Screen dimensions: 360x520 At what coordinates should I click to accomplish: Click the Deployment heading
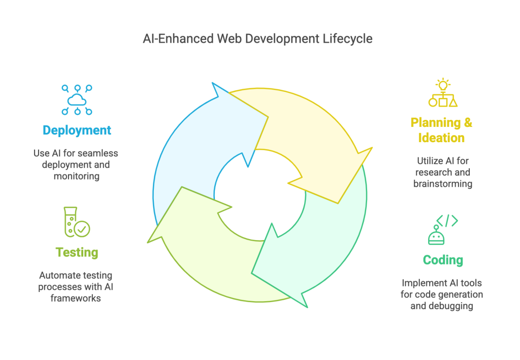[77, 130]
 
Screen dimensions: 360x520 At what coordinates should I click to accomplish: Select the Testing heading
[77, 252]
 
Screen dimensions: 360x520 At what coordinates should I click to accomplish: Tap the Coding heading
[443, 260]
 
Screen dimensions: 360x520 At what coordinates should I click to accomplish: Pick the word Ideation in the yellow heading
[441, 138]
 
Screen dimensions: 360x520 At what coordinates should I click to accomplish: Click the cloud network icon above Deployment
[77, 100]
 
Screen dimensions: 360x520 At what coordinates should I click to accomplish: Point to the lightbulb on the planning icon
[443, 84]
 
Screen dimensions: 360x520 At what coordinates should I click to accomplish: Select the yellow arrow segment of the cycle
[300, 132]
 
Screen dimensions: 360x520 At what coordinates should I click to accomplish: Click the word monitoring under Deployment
[77, 176]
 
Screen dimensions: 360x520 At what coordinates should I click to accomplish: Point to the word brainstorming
[442, 183]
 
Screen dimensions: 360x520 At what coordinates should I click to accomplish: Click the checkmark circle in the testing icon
[82, 229]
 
